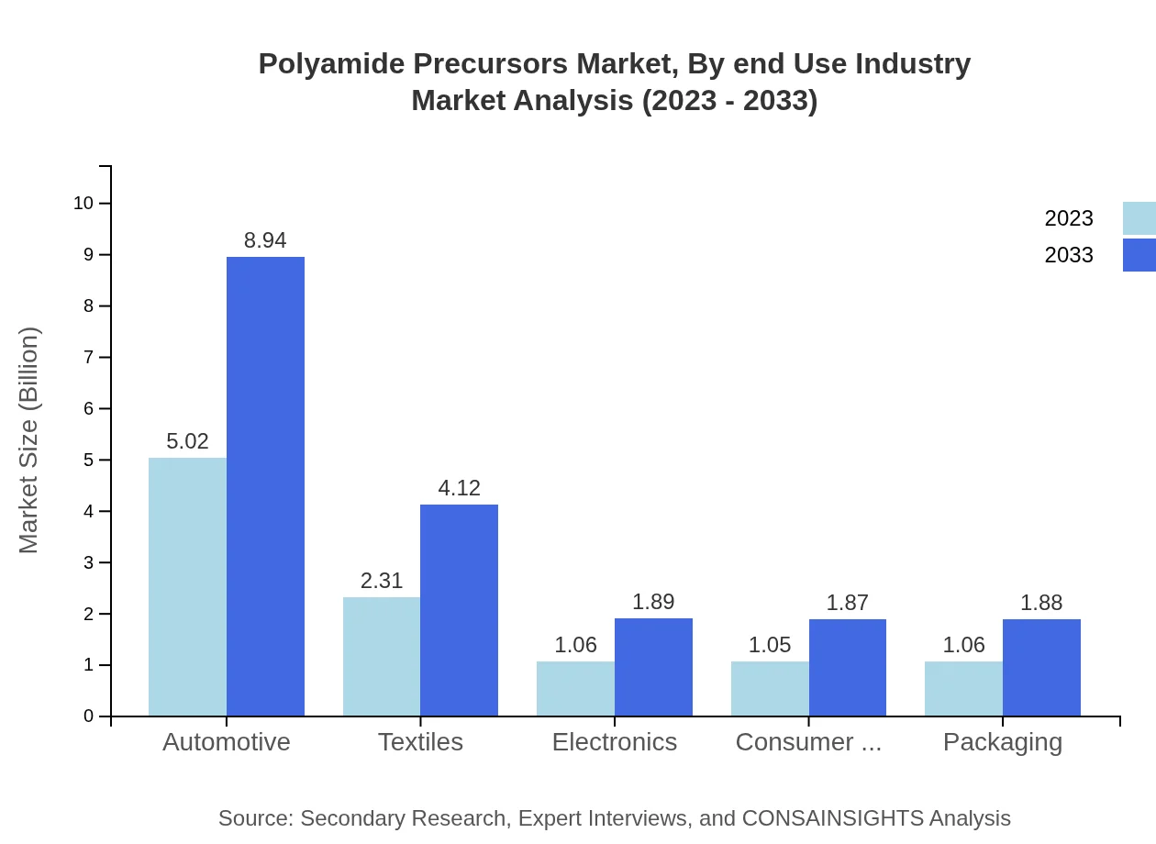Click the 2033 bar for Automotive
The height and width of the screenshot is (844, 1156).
(265, 486)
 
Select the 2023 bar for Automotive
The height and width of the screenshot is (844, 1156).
(187, 587)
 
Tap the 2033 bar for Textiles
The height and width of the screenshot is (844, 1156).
(459, 610)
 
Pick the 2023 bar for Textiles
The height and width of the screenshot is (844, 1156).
(382, 657)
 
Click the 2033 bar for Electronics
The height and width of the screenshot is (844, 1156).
(653, 667)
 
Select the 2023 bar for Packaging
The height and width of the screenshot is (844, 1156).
(963, 688)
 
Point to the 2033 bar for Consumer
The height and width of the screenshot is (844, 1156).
(848, 668)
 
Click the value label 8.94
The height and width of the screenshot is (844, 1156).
(265, 240)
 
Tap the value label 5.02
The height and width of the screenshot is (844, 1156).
(187, 441)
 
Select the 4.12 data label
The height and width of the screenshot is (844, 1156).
(459, 488)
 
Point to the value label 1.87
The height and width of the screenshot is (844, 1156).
(848, 603)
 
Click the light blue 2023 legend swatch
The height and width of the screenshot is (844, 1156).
(1139, 218)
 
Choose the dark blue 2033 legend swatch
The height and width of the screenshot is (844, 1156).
(1139, 255)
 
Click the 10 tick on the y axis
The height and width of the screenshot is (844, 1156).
(83, 203)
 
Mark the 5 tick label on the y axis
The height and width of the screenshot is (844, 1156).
(89, 460)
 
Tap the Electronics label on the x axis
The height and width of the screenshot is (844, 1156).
(615, 741)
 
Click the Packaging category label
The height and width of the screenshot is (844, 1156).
(1003, 741)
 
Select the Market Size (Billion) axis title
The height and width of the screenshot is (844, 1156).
(29, 440)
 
